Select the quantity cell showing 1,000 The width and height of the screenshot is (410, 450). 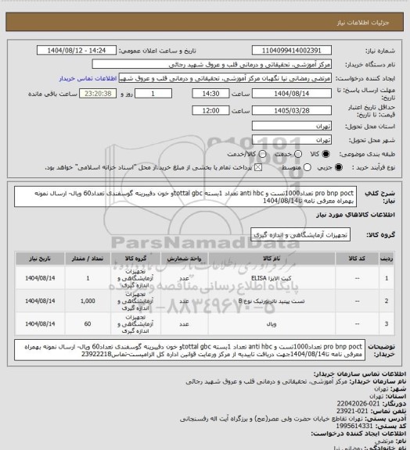point(88,300)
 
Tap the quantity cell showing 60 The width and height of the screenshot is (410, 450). point(88,323)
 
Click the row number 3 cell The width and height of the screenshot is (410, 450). point(387,323)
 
